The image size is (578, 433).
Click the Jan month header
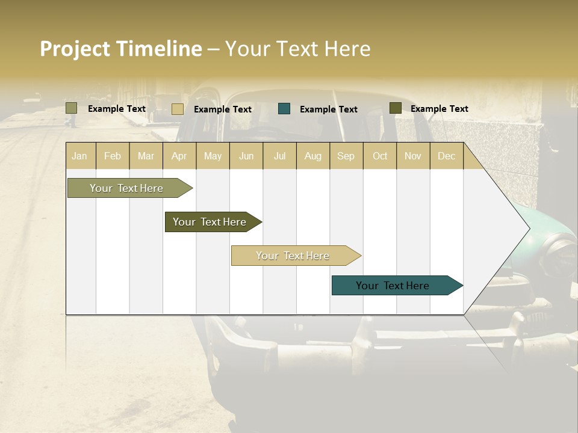(79, 156)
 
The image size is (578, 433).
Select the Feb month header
(113, 156)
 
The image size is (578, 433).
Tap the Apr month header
(179, 156)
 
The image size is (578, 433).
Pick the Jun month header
(246, 156)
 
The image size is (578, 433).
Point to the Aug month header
(313, 156)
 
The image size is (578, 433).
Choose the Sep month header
(346, 156)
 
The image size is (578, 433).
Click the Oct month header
(380, 156)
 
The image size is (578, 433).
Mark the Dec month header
(447, 156)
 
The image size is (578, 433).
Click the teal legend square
(284, 109)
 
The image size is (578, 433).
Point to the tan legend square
(178, 109)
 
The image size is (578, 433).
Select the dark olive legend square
(396, 108)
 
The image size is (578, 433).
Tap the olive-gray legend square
(72, 108)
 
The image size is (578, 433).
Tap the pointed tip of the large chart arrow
(529, 229)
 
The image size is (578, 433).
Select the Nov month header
(413, 156)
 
